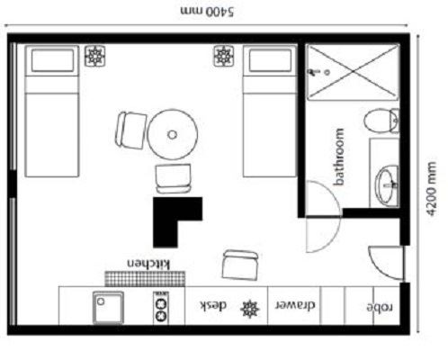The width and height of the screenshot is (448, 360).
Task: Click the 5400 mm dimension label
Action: click(207, 11)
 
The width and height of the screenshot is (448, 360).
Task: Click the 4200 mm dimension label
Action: click(431, 188)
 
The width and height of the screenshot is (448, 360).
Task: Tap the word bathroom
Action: click(339, 157)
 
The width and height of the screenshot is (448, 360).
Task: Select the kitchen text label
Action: click(148, 264)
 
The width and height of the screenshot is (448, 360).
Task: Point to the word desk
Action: click(213, 306)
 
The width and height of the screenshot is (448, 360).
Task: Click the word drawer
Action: click(295, 305)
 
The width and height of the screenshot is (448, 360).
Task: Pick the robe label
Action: click(380, 307)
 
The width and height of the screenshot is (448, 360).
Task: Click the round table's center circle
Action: click(172, 135)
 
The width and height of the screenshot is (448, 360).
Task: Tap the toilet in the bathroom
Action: click(381, 121)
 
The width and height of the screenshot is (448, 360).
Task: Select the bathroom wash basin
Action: click(387, 186)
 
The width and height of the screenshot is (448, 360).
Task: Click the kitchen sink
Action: click(108, 308)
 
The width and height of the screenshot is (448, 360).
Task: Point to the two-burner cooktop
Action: click(161, 308)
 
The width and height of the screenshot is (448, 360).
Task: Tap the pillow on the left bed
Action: click(52, 60)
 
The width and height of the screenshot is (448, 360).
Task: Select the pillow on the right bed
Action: click(270, 60)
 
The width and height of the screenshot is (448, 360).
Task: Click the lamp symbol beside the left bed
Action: click(94, 56)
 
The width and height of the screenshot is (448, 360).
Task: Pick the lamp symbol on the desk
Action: click(250, 309)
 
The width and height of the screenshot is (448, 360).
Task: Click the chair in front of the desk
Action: click(240, 265)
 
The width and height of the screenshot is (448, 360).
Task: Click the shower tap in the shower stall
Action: click(314, 72)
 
